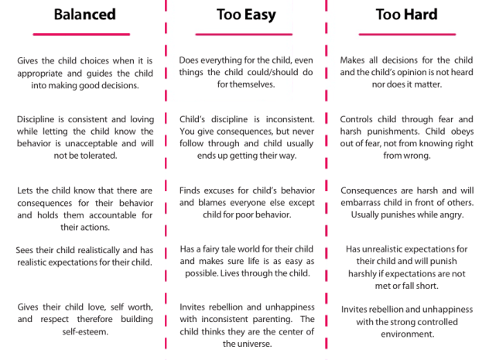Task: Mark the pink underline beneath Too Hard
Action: click(x=405, y=34)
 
